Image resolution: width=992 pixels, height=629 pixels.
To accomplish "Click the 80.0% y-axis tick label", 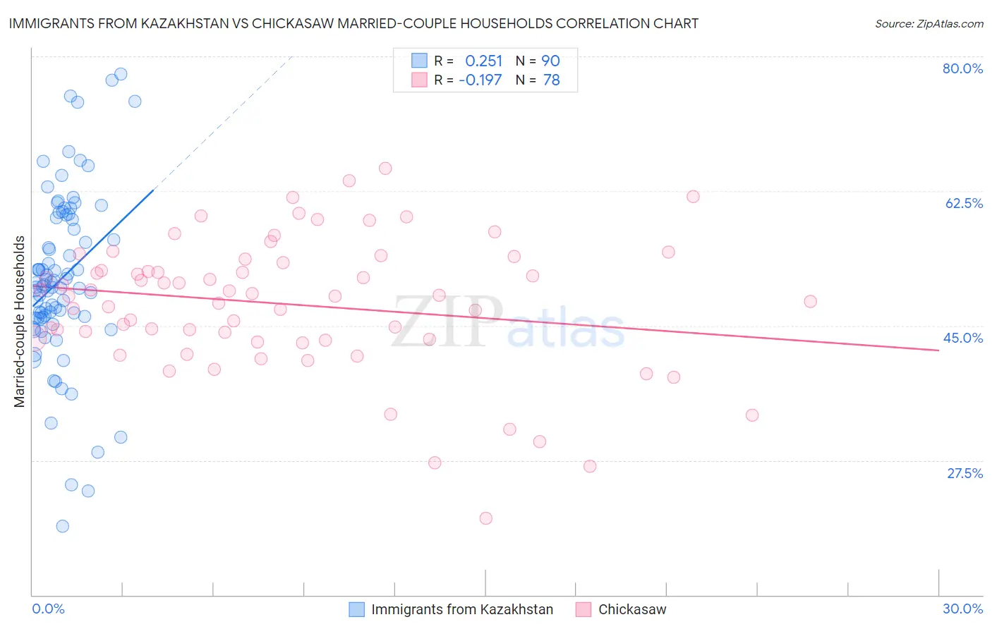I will click(962, 68).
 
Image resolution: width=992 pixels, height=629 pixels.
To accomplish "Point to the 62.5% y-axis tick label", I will click(963, 203).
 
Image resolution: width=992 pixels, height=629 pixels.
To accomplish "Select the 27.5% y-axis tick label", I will click(964, 473).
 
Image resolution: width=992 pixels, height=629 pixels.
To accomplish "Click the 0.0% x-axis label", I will click(48, 609).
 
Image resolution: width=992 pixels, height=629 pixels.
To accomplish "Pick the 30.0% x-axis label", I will click(962, 609).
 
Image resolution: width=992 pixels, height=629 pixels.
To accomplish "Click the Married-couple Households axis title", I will click(20, 322).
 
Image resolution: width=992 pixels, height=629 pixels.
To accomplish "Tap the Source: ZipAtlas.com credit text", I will click(929, 23).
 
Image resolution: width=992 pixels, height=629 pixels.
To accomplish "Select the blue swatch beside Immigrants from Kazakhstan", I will click(357, 609).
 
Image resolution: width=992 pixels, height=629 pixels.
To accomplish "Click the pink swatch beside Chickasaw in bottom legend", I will click(583, 609).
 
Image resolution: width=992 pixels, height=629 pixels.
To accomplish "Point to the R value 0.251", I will click(483, 61).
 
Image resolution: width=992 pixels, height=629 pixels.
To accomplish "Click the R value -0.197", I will click(480, 80).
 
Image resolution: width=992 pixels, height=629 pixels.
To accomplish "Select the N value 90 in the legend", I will click(550, 61).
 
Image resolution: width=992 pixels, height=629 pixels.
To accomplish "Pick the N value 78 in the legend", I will click(551, 80).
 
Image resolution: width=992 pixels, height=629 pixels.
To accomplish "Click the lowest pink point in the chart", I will click(485, 518).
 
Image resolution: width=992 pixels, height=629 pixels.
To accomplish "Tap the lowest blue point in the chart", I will click(62, 526).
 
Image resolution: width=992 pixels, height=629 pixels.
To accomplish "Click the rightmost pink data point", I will click(810, 302).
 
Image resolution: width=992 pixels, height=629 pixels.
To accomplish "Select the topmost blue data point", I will click(121, 74).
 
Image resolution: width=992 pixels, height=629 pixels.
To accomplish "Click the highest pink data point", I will click(385, 169).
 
